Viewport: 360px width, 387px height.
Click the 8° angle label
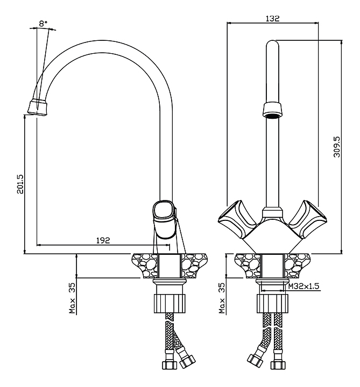coord(43,23)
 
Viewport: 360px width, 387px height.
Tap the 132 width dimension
coord(273,18)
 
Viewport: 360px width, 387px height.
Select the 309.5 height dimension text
coord(337,145)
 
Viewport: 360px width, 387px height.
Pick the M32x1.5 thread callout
coord(303,286)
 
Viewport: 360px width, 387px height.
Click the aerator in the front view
coord(272,110)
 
